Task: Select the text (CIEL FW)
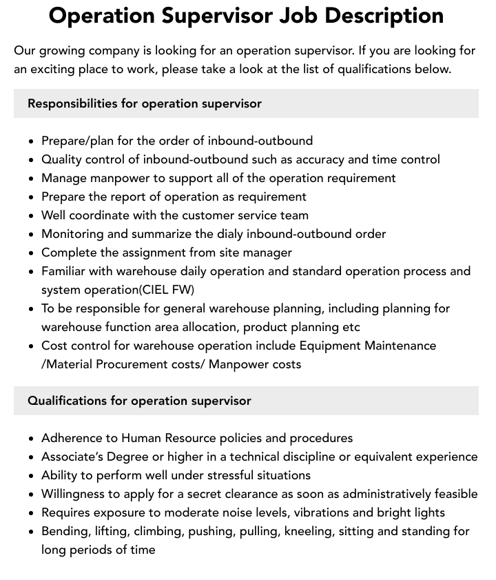[x=167, y=290]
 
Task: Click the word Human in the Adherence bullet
[x=141, y=438]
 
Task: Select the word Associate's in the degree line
[x=75, y=457]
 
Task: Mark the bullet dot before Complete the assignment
[x=32, y=253]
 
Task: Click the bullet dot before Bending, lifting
[x=32, y=532]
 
